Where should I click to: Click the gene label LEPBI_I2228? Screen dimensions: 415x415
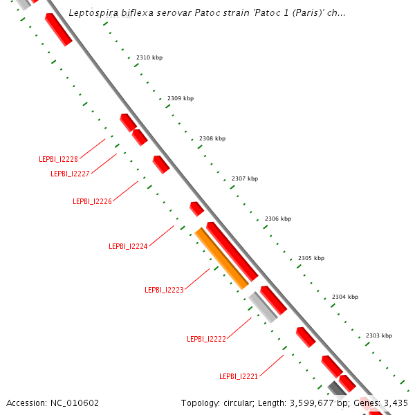coord(58,159)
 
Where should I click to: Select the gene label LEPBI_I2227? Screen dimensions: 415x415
coord(70,174)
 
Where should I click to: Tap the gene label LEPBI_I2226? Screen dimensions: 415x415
coord(92,201)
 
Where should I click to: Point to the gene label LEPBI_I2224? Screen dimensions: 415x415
coord(128,246)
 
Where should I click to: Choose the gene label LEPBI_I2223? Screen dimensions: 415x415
coord(164,290)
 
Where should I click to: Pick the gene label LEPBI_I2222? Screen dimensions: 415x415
coord(206,339)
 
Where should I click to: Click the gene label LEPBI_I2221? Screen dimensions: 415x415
coord(239,376)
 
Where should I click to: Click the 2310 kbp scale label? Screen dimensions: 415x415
coord(149,58)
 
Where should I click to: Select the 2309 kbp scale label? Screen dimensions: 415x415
coord(181,98)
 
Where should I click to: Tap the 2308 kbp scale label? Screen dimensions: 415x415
coord(212,138)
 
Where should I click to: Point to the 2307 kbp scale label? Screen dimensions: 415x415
coord(245,178)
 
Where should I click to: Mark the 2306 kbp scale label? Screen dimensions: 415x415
coord(278,219)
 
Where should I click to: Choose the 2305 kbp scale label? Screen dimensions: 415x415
coord(311,258)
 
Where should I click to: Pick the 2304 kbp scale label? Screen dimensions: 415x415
coord(345,297)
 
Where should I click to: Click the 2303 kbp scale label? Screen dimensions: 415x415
coord(378,335)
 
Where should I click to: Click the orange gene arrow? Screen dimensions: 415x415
coord(221,258)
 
